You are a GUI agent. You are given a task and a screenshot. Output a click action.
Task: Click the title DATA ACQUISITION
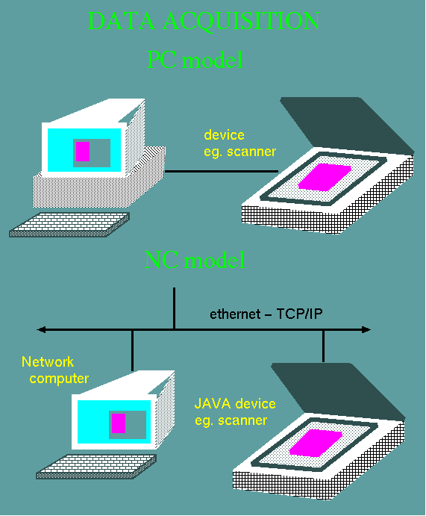coord(204,21)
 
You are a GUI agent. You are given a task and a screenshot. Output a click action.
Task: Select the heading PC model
coord(195,60)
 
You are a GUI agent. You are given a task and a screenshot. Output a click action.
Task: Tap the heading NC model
coord(195,260)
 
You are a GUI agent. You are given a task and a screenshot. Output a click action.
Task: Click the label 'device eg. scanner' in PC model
coord(239,143)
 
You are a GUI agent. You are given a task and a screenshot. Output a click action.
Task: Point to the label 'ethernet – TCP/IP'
coord(266,314)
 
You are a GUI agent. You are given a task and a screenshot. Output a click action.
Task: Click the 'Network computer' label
coord(55,370)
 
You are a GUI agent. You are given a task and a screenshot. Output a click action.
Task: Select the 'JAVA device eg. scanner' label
coord(235,412)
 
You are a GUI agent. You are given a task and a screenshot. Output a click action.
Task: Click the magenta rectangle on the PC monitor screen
coord(83,152)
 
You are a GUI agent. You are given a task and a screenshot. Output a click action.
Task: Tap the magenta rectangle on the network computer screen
coord(119,423)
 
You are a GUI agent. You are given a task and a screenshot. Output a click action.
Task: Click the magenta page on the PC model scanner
coord(325,177)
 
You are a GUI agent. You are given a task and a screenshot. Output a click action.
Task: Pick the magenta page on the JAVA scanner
coord(316,443)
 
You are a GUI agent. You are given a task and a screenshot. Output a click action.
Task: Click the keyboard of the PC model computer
coord(69,225)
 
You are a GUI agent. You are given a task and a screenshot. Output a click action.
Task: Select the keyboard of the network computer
coord(96,467)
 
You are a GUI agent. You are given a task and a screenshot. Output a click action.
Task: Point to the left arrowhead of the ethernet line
coord(41,329)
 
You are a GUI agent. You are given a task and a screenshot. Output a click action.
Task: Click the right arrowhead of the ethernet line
coord(366,329)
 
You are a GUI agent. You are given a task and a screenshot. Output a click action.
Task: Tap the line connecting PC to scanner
coord(222,171)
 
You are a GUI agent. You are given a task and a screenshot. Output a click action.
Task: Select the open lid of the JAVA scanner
coord(338,391)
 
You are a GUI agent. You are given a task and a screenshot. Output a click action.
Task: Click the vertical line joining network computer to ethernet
coord(132,350)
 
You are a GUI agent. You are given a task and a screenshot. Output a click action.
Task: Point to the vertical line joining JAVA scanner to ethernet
coord(324,346)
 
